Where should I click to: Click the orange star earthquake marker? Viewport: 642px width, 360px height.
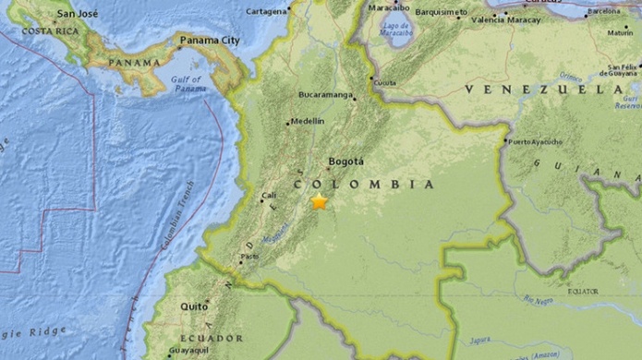click(x=320, y=201)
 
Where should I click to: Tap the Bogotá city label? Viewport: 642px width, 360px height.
click(x=346, y=160)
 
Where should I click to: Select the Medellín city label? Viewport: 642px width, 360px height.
click(x=308, y=121)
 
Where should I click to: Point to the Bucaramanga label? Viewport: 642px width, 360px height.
click(x=325, y=94)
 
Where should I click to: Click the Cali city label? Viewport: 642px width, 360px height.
click(x=269, y=195)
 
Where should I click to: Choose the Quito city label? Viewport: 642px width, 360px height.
click(x=194, y=306)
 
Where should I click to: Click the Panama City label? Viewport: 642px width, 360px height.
click(x=210, y=41)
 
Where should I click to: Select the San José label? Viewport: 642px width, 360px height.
click(x=77, y=15)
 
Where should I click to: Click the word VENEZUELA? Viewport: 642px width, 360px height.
click(x=544, y=89)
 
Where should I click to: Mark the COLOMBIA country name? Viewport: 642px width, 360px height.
click(x=364, y=184)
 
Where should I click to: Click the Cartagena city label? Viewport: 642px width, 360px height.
click(x=268, y=11)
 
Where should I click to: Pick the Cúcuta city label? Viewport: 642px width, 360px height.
click(x=384, y=81)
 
